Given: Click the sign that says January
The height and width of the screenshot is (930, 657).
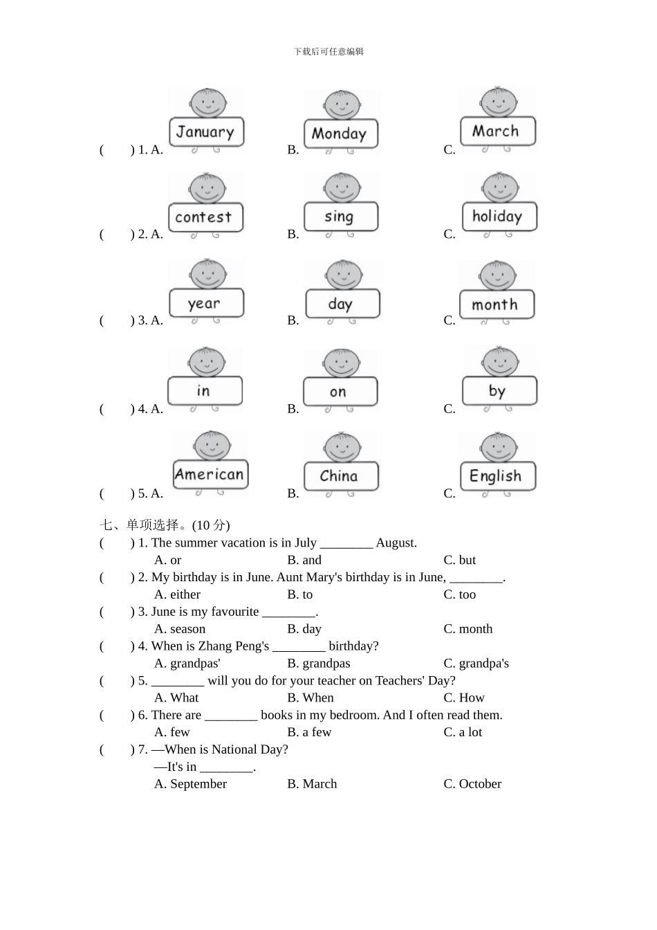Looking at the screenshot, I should pos(205,132).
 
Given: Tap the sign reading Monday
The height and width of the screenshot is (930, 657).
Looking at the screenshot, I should pos(340,134).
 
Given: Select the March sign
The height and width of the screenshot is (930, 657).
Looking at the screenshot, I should pos(497,131).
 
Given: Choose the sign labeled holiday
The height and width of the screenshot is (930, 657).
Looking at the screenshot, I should pos(498,217).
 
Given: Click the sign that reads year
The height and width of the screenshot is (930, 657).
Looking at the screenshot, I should pos(205,304).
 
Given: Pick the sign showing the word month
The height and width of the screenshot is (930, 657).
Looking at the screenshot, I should pos(496,304).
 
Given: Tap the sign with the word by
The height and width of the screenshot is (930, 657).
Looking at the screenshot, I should pos(498,391).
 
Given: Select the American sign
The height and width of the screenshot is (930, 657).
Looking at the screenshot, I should pos(210,475).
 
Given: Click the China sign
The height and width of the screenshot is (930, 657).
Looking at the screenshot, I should pos(340,476).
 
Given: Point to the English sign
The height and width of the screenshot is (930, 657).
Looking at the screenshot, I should pos(497,476).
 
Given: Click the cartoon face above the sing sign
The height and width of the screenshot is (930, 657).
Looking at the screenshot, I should pos(341,188).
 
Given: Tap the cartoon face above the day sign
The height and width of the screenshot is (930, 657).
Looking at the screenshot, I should pos(344,274).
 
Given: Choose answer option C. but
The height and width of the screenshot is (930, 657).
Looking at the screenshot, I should pos(460,560).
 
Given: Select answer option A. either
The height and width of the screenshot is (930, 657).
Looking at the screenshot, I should pos(178,594).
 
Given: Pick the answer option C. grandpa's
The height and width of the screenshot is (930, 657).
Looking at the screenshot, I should pos(476,663).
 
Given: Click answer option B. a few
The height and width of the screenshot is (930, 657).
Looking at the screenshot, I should pos(309,732).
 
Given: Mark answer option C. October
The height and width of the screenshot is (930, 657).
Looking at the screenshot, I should pos(472,784).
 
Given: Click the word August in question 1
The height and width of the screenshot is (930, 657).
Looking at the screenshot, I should pos(396,543).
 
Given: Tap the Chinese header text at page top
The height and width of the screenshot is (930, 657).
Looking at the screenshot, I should pos(328,51).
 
